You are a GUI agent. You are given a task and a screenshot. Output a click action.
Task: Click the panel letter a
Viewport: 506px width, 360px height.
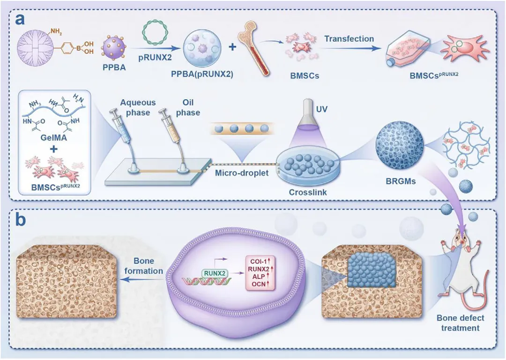tap(20, 20)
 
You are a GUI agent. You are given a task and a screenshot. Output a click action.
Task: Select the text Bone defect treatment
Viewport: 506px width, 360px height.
tap(460, 323)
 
